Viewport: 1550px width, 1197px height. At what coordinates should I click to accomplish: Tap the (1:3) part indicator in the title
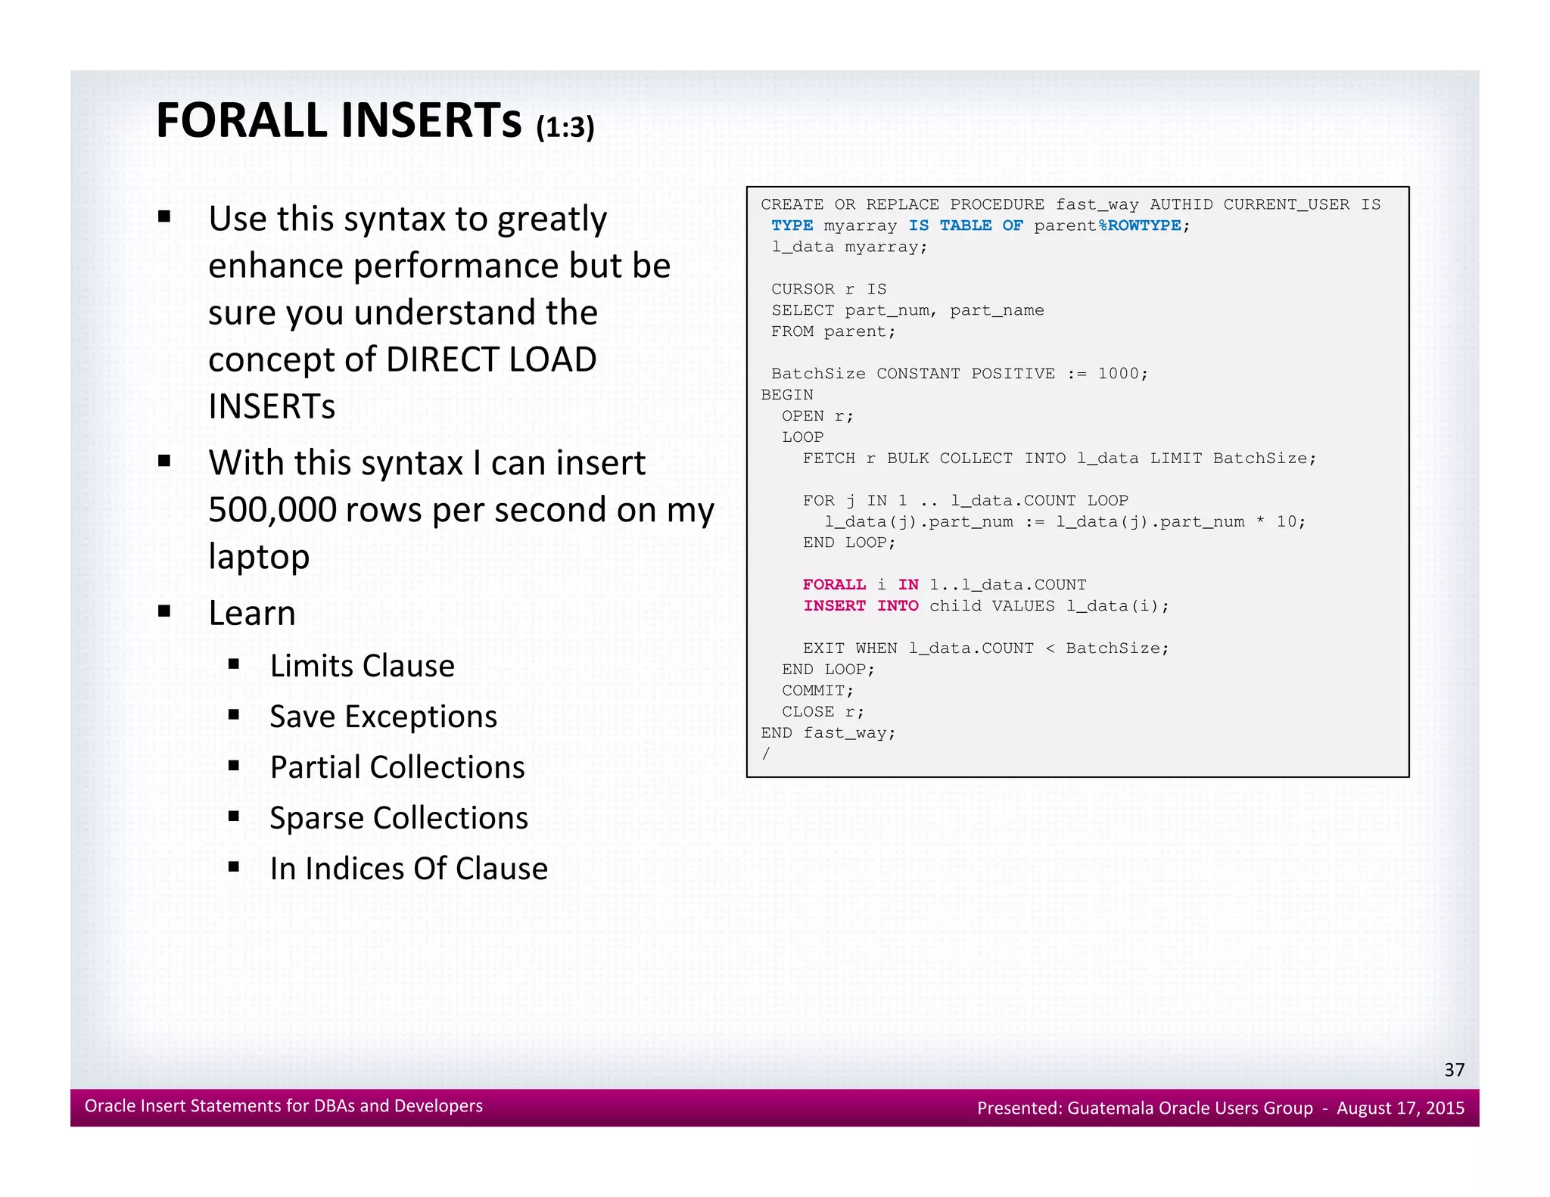coord(565,127)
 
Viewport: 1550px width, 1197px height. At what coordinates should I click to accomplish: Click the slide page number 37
coord(1454,1069)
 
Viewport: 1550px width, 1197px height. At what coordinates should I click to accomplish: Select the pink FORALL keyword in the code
coord(834,584)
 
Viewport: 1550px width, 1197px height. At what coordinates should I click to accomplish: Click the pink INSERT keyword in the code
coord(834,605)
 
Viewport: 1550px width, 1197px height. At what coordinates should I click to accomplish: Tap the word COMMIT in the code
coord(813,690)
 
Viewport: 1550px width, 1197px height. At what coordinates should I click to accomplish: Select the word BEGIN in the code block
coord(786,394)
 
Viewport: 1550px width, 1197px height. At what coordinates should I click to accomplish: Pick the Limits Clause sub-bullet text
coord(362,666)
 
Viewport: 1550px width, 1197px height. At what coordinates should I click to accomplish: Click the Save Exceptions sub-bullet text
coord(383,717)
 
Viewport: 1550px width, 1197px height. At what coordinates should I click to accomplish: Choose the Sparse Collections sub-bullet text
coord(399,818)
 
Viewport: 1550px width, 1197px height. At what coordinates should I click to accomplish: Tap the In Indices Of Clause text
coord(409,869)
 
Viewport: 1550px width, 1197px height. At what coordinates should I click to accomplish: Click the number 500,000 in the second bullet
coord(272,510)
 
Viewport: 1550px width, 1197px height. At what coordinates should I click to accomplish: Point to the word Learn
coord(251,613)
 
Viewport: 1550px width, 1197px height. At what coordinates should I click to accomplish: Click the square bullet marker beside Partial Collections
coord(234,766)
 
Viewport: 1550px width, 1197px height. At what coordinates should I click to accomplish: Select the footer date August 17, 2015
coord(1399,1108)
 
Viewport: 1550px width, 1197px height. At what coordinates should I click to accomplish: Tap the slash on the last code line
coord(766,754)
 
